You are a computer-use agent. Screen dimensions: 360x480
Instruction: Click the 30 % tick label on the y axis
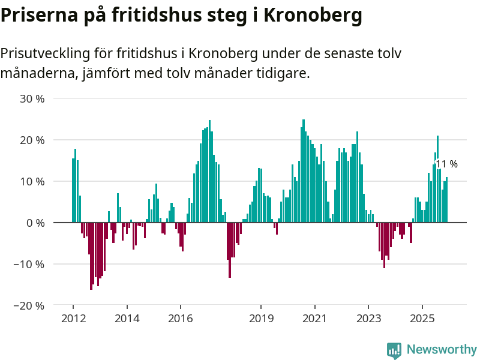click(32, 99)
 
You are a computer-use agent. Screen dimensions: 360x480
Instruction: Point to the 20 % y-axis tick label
click(32, 140)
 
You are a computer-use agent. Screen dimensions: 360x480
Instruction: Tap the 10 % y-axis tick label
click(32, 182)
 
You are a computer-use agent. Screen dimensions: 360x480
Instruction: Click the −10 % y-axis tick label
click(29, 265)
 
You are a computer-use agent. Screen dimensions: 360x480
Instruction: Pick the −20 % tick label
click(29, 306)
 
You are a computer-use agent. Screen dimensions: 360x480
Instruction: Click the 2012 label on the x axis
click(73, 319)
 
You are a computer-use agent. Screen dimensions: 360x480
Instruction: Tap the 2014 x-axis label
click(127, 319)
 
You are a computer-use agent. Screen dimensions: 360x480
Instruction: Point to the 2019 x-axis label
click(261, 319)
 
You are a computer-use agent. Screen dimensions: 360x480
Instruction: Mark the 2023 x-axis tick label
click(368, 319)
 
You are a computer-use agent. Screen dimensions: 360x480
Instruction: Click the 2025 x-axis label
click(422, 319)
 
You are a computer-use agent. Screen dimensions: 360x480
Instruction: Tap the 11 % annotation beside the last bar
click(447, 164)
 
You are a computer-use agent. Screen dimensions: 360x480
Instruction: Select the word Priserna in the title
click(37, 15)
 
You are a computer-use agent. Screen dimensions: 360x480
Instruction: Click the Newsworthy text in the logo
click(442, 349)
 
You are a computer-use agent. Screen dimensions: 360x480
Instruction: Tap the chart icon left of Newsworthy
click(394, 350)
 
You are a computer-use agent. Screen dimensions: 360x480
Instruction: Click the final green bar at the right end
click(446, 200)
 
